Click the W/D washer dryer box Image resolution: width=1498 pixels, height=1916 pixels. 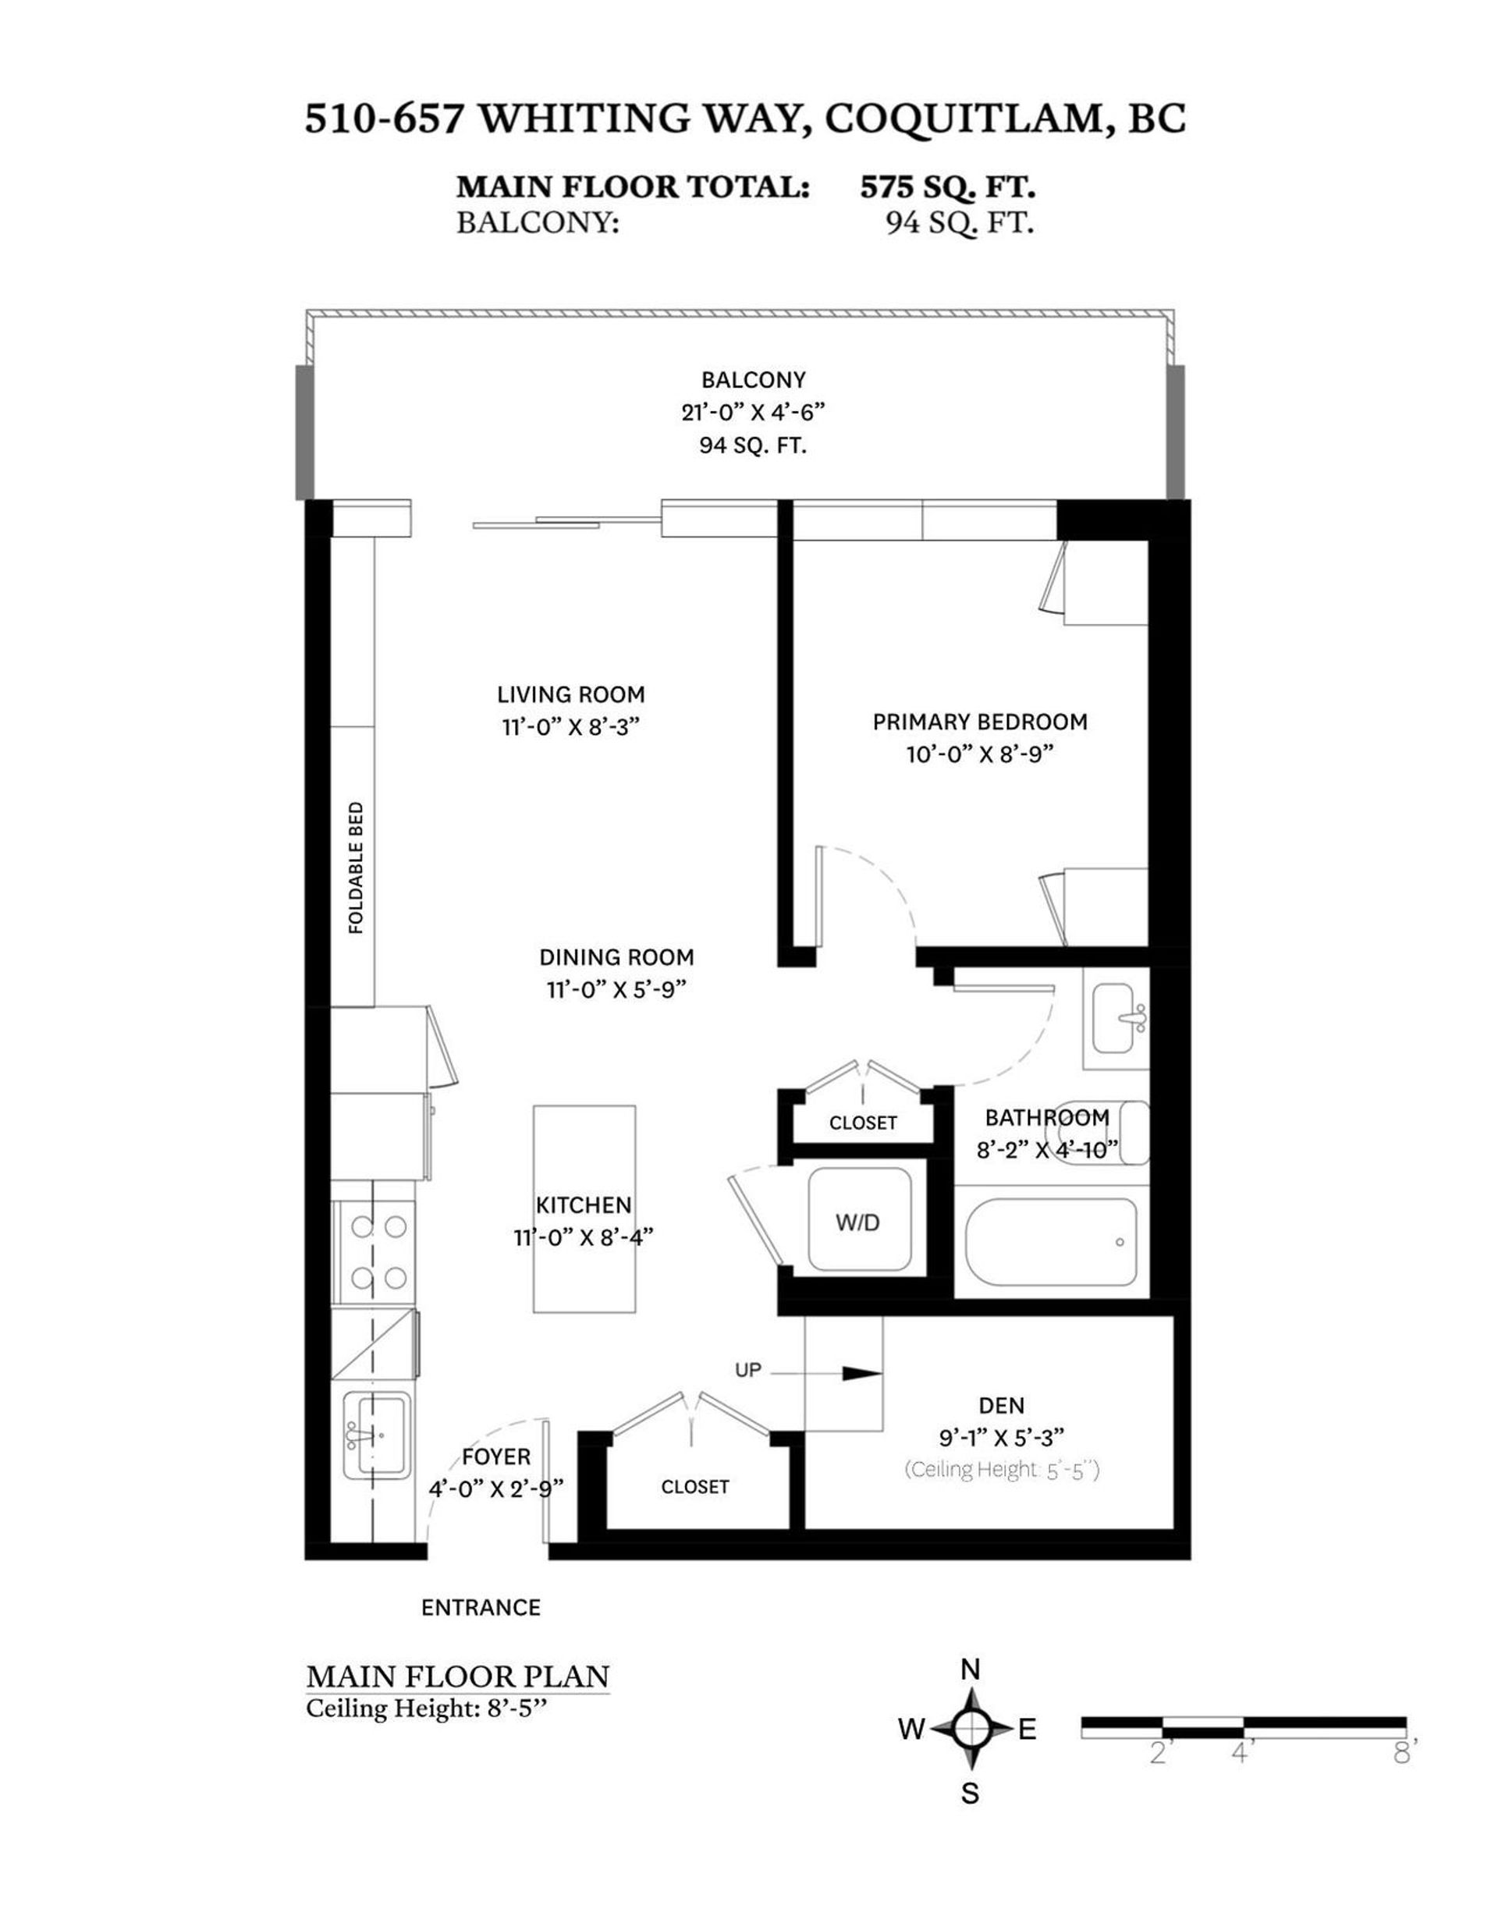tap(858, 1221)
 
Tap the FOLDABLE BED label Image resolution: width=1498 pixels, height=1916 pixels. tap(356, 868)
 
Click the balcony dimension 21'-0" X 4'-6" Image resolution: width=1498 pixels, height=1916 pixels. tap(753, 413)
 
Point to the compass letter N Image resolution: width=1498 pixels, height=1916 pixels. tap(970, 1670)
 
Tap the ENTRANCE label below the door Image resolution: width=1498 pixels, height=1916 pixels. tap(480, 1607)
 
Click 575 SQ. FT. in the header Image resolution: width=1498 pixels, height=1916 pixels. tap(947, 187)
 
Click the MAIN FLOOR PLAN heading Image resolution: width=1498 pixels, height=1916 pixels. tap(457, 1676)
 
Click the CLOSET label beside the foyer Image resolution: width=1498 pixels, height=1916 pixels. tap(694, 1486)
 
